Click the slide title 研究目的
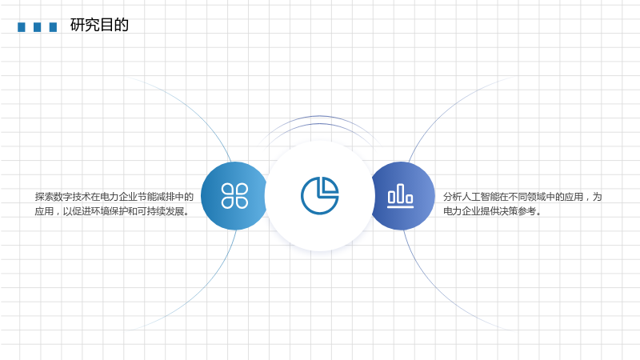coord(99,25)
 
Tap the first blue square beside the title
coord(22,27)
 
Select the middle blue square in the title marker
coord(37,27)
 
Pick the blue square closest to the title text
coord(53,27)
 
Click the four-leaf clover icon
coord(234,196)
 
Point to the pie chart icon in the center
coord(319,195)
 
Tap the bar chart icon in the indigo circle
coord(401,195)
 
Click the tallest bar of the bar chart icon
coord(401,193)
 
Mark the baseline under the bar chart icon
coord(401,206)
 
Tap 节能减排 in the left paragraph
coord(156,197)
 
